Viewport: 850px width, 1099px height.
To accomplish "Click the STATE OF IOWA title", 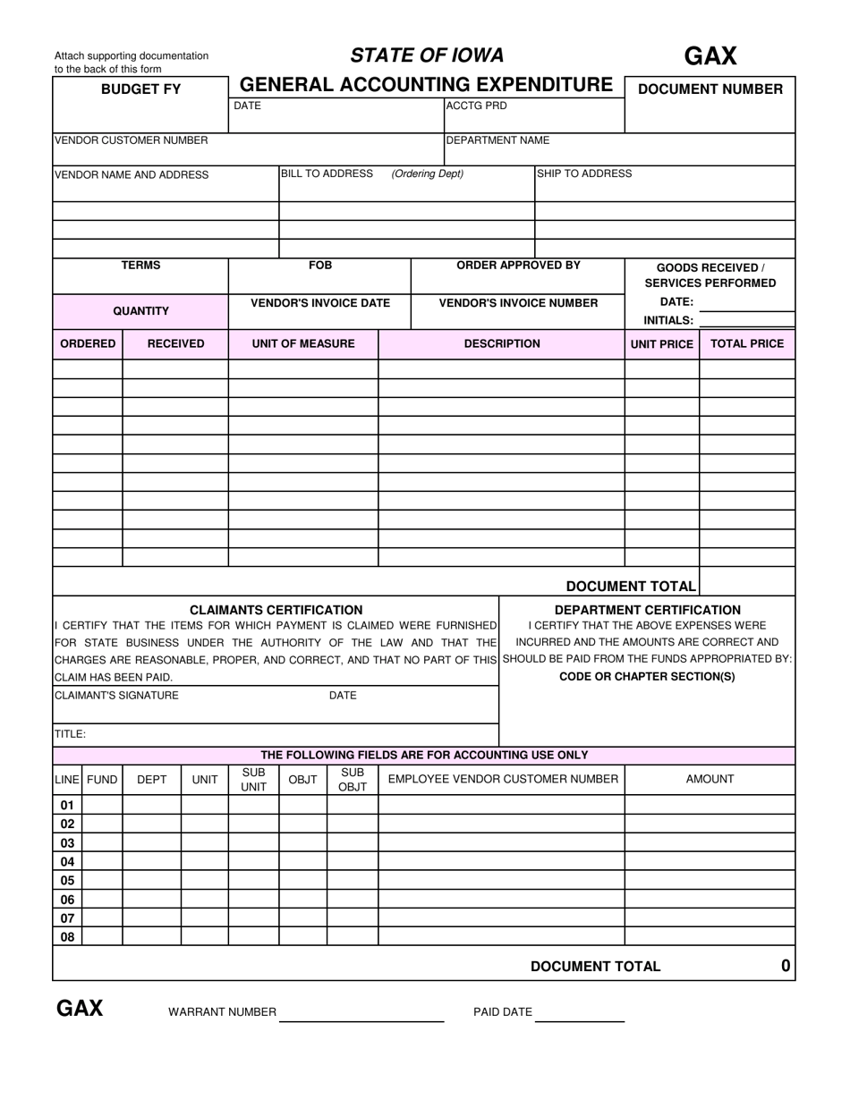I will click(427, 55).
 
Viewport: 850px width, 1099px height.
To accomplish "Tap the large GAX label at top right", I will click(710, 56).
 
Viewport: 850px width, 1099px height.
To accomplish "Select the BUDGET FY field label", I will click(140, 89).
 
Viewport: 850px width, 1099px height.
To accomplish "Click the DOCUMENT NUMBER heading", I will click(710, 89).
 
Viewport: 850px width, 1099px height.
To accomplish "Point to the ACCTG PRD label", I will click(476, 106).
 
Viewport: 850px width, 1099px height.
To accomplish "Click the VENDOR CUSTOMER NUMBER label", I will click(131, 140).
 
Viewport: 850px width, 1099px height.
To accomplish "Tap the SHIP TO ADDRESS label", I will click(584, 173).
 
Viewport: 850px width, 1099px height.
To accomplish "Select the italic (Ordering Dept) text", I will click(427, 173).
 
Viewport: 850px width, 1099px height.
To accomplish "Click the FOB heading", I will click(320, 266).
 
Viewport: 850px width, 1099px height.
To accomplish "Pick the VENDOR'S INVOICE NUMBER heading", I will click(518, 303).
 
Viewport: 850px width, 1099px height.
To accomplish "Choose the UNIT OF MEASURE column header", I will click(303, 343).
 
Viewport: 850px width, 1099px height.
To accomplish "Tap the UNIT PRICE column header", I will click(662, 344).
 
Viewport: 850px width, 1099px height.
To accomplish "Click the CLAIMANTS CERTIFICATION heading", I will click(276, 610).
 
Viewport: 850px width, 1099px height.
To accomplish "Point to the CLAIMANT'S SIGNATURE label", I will click(116, 696).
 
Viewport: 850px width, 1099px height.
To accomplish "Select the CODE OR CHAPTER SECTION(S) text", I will click(647, 677).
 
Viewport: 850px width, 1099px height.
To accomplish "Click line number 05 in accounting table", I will click(67, 881).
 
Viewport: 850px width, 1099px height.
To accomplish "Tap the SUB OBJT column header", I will click(353, 780).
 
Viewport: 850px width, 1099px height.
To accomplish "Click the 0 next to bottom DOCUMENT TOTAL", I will click(786, 966).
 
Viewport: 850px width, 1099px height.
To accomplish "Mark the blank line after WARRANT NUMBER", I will click(361, 1019).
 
